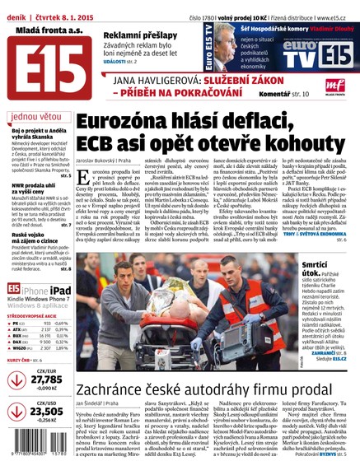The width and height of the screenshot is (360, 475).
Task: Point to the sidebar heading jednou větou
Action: coord(37,116)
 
